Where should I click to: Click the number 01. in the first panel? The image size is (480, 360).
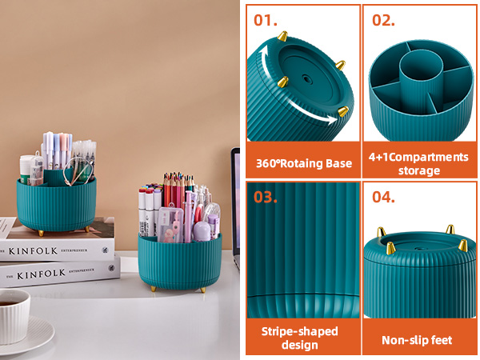265,20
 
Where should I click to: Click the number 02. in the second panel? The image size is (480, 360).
383,20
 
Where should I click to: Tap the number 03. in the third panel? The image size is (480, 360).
266,197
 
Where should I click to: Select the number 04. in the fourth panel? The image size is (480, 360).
385,197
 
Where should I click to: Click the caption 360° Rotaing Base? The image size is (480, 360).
303,163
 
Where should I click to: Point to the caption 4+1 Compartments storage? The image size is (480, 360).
418,163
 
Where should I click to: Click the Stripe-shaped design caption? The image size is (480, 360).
299,338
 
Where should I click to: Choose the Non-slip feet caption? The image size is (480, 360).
418,340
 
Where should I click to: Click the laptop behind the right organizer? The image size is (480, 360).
235,200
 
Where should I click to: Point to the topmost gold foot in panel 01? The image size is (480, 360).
282,36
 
